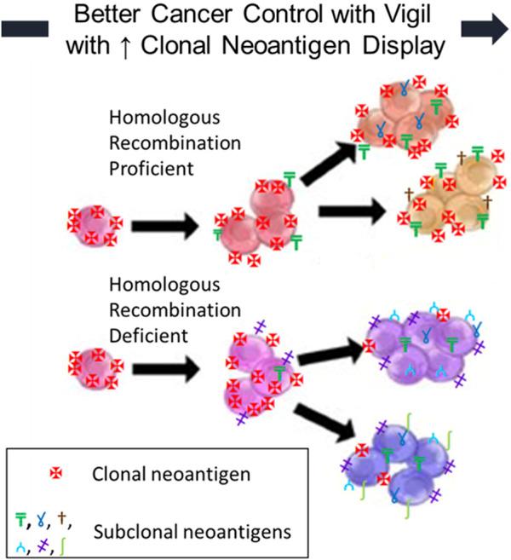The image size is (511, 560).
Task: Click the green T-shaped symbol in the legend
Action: [x=22, y=514]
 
